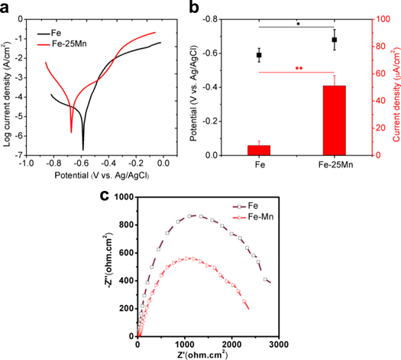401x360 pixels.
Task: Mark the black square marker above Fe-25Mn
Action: pyautogui.click(x=334, y=40)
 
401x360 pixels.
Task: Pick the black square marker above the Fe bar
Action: pyautogui.click(x=259, y=55)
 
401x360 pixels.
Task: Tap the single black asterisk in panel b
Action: pyautogui.click(x=297, y=24)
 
